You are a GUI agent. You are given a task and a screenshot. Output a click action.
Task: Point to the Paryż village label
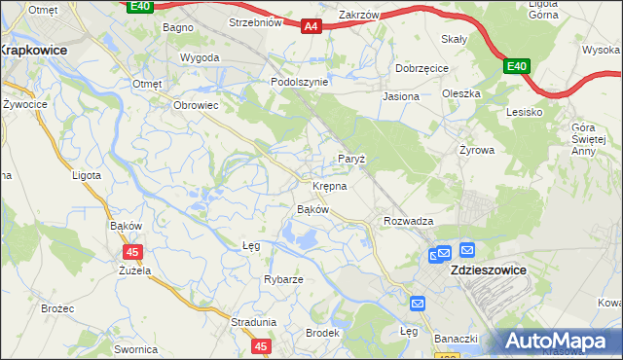350,159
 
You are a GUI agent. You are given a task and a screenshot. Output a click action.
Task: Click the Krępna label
329,185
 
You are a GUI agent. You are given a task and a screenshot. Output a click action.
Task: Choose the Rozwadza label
408,222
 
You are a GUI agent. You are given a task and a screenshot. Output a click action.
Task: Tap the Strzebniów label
255,21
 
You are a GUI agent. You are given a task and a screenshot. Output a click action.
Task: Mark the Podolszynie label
299,83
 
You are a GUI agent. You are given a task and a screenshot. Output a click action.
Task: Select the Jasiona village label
401,97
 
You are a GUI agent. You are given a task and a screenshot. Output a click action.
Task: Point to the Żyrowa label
477,151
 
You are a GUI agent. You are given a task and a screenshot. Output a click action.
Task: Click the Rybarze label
283,279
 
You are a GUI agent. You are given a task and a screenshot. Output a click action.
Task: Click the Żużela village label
134,270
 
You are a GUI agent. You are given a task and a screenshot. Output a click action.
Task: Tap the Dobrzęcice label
421,69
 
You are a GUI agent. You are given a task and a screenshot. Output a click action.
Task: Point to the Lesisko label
524,112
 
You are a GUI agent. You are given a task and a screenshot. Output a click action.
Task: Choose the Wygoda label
200,57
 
